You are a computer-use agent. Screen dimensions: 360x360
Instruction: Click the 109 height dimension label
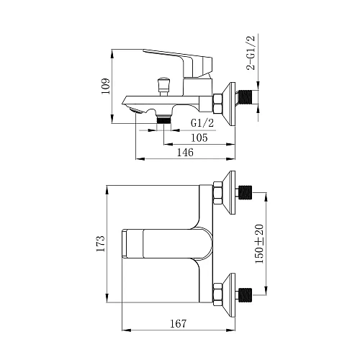[106, 86]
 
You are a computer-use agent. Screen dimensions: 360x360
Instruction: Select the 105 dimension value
[199, 138]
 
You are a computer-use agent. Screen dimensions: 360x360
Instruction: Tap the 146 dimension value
[185, 152]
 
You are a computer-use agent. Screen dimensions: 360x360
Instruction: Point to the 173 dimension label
[101, 243]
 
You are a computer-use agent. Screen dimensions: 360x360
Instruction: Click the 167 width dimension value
[179, 324]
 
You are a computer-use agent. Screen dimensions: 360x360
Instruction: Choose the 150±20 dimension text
[259, 244]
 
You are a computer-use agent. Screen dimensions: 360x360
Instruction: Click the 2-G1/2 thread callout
[251, 53]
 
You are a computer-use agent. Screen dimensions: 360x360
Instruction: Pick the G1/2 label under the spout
[202, 123]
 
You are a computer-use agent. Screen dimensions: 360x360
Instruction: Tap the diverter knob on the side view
[163, 86]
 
